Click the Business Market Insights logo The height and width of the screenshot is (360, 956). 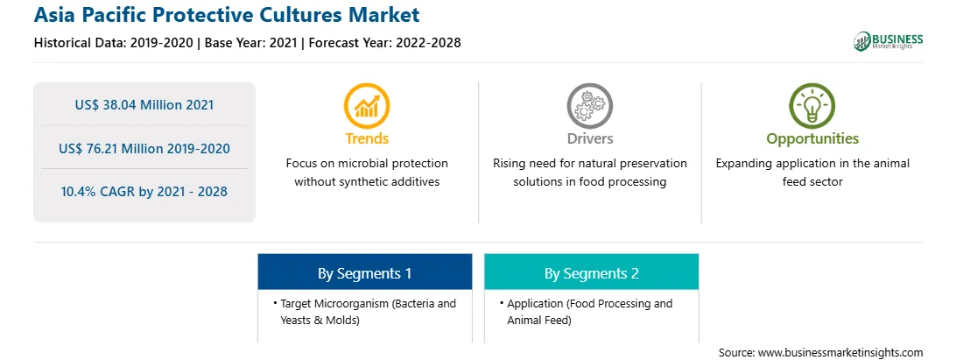click(x=888, y=41)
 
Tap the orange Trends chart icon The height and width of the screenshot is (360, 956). click(x=367, y=106)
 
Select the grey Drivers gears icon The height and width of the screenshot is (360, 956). click(x=589, y=106)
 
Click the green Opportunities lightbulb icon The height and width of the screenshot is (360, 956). click(x=812, y=106)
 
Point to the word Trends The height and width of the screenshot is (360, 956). click(x=367, y=138)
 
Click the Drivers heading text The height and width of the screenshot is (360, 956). click(x=589, y=138)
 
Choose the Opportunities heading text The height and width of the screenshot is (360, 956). click(x=812, y=139)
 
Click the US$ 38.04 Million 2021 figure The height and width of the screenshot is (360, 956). click(x=144, y=105)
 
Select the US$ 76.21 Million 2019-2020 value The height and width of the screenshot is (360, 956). click(x=144, y=148)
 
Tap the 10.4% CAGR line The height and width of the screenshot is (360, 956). click(x=144, y=192)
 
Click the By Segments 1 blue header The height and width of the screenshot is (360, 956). click(x=364, y=272)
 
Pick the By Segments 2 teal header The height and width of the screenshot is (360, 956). click(x=592, y=272)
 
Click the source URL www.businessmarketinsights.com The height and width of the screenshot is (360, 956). click(x=840, y=353)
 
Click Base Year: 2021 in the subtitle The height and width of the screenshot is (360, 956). click(x=250, y=43)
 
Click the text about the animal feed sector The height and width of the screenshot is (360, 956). click(x=812, y=173)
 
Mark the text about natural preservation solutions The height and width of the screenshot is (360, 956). click(x=589, y=173)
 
